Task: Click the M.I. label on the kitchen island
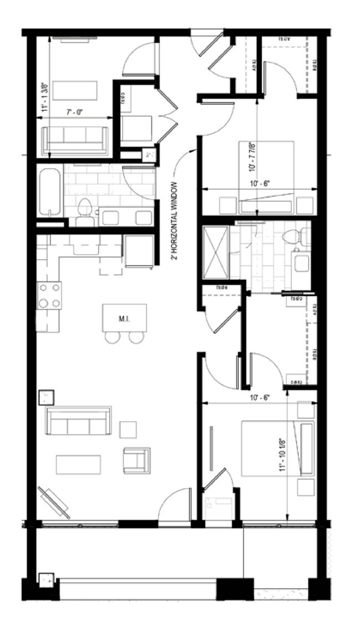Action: (124, 318)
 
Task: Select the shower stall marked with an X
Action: (215, 252)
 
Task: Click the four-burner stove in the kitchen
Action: (49, 295)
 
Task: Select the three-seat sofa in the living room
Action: (78, 422)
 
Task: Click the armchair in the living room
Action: (136, 461)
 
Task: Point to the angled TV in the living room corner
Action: (54, 502)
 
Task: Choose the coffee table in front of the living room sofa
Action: (78, 464)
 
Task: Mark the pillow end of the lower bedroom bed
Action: (306, 448)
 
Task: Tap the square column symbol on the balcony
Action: (45, 580)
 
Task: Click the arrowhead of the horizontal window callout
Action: (194, 148)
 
